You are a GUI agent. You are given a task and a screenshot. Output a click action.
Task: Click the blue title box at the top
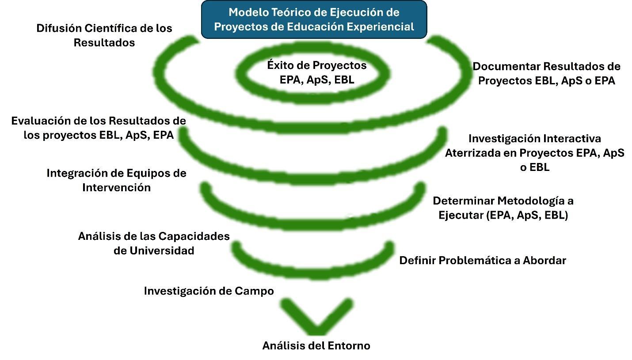[x=314, y=19]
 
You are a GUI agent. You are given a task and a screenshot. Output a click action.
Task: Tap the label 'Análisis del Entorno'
[x=316, y=345]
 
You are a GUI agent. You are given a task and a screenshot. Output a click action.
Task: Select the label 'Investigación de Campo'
[x=209, y=291]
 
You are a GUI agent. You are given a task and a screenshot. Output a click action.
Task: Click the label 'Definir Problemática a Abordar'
[x=483, y=260]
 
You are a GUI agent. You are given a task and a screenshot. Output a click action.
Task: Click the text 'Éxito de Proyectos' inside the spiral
[x=317, y=65]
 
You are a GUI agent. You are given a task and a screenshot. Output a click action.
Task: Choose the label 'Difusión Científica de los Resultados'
[x=104, y=35]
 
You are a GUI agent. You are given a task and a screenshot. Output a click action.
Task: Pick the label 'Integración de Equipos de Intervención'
[x=117, y=180]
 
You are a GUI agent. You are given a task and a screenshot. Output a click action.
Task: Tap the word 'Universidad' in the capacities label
[x=162, y=250]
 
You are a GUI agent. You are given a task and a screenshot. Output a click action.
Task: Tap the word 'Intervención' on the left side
[x=117, y=187]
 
